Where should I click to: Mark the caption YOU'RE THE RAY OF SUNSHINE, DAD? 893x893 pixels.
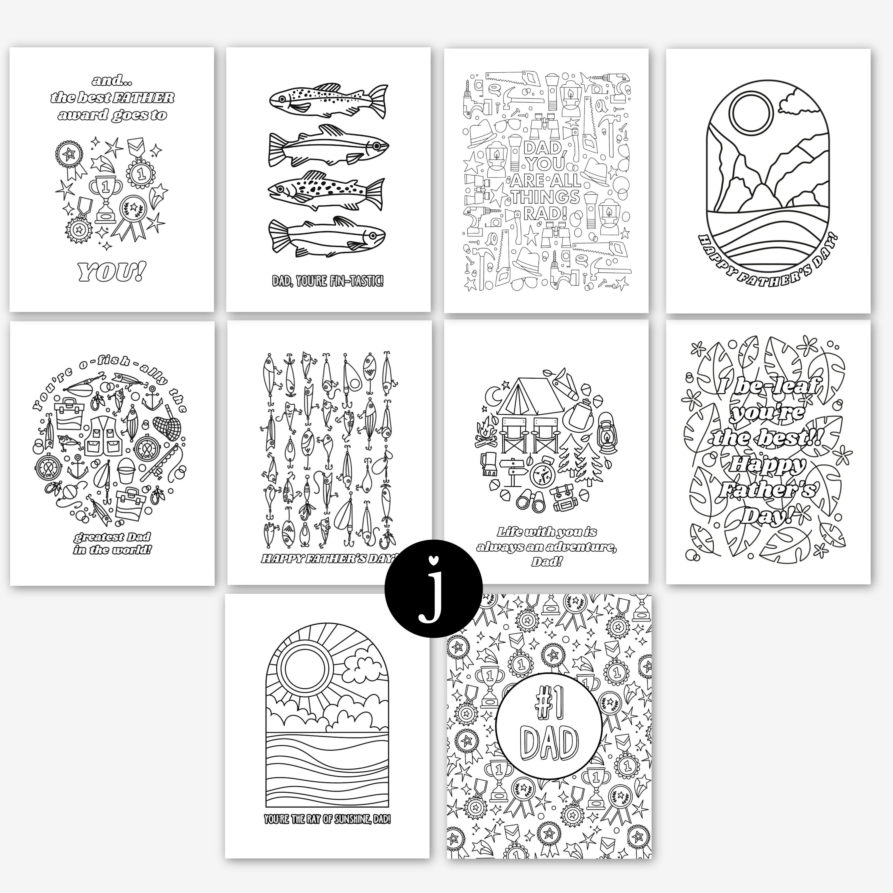tap(327, 819)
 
